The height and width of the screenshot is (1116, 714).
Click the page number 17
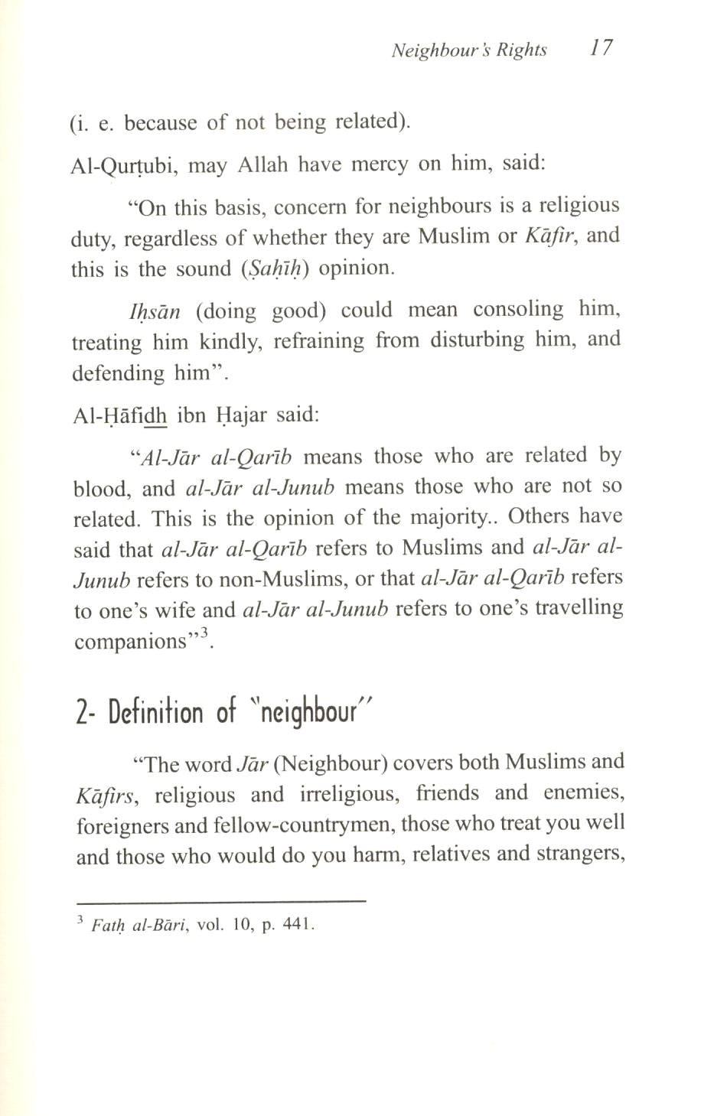pyautogui.click(x=601, y=48)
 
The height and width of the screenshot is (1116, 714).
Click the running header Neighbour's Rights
pyautogui.click(x=469, y=50)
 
